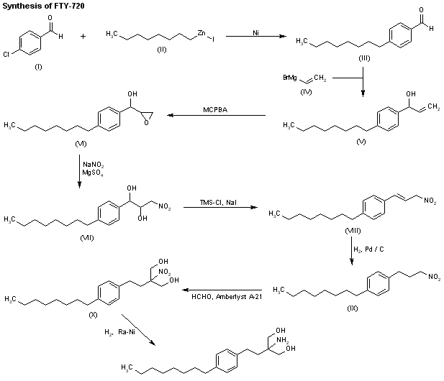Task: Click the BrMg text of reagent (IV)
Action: pyautogui.click(x=290, y=77)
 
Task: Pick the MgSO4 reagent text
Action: pyautogui.click(x=91, y=173)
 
